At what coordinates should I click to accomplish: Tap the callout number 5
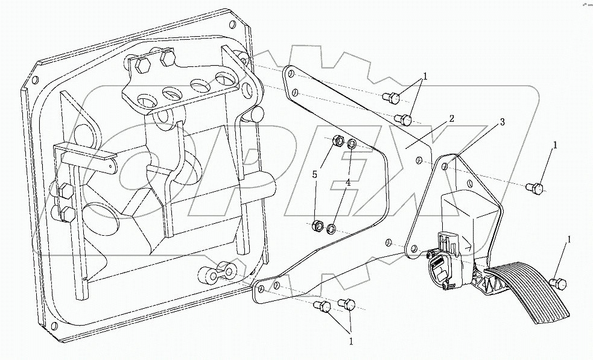coord(314,175)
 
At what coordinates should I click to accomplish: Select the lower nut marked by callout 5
coord(315,227)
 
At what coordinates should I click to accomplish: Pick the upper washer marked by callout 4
coord(352,145)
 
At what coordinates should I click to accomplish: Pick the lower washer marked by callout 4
coord(331,229)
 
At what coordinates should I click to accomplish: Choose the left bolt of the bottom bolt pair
coord(323,308)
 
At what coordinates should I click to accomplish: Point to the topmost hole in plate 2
coord(290,74)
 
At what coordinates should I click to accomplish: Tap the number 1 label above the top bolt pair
coord(425,77)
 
